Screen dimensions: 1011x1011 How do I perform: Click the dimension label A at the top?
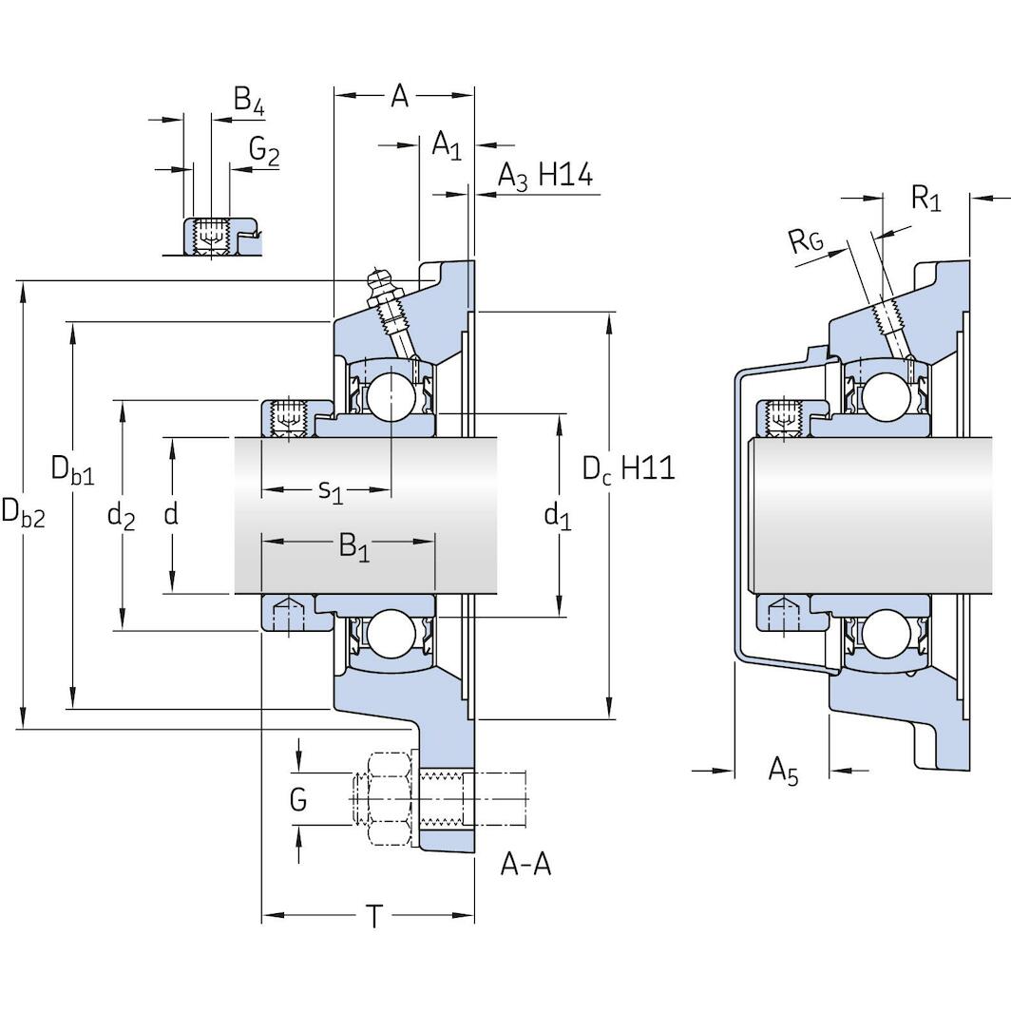[x=400, y=96]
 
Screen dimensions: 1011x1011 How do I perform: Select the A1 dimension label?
[x=447, y=145]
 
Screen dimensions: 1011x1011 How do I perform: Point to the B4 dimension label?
[x=248, y=101]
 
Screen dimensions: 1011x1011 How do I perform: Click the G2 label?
[x=263, y=150]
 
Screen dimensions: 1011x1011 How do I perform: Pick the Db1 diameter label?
[x=73, y=469]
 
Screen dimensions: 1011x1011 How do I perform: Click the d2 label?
[x=121, y=516]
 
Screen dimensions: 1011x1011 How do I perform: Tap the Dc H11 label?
[x=628, y=467]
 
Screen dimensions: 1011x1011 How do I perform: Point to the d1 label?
[x=557, y=516]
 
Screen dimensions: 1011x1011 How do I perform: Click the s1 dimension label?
[x=330, y=491]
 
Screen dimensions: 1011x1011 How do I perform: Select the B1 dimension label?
[x=353, y=547]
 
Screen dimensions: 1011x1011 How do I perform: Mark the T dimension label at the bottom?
[x=375, y=917]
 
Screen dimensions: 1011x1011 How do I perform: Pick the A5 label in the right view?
[x=783, y=771]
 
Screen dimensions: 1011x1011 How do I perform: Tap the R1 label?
[x=925, y=199]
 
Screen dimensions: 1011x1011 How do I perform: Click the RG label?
[x=806, y=242]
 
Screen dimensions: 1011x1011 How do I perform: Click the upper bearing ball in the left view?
[x=391, y=395]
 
